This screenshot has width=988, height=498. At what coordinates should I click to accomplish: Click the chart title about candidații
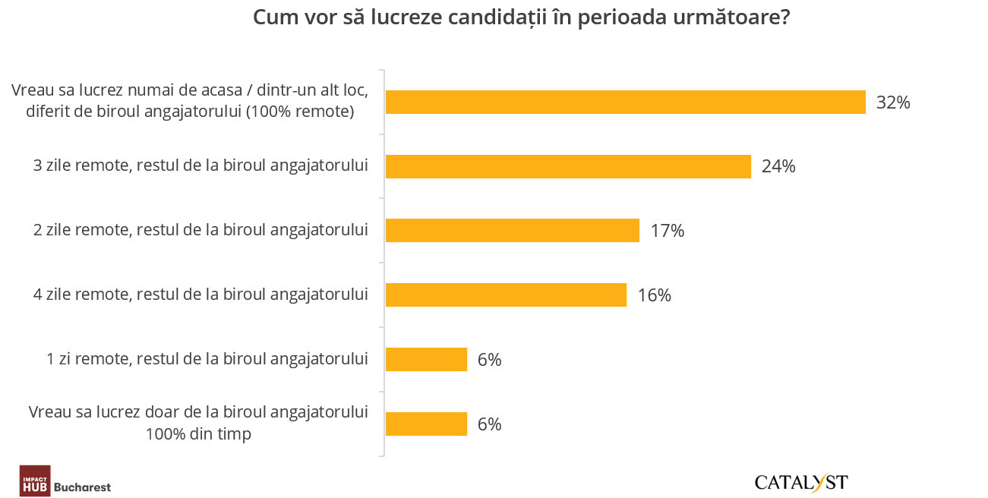click(x=520, y=18)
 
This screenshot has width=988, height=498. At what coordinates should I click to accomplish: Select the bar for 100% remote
click(x=625, y=102)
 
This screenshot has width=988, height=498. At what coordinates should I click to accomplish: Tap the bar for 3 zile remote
click(x=568, y=166)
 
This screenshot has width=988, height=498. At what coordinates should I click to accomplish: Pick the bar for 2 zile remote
click(x=513, y=230)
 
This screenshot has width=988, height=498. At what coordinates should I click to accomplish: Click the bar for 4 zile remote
click(x=506, y=295)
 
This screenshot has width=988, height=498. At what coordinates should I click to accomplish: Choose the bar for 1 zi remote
click(x=426, y=359)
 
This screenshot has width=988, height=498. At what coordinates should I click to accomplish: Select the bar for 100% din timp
click(x=426, y=424)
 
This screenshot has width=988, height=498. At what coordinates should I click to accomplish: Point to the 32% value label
click(x=893, y=102)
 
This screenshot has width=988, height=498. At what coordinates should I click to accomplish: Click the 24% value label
click(x=778, y=166)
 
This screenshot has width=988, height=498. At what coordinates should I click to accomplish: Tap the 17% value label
click(x=668, y=231)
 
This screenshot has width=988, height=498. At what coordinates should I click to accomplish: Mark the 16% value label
click(x=655, y=295)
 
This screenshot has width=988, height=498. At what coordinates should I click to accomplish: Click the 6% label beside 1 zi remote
click(x=490, y=360)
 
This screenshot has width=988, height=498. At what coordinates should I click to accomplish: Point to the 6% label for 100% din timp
click(x=490, y=424)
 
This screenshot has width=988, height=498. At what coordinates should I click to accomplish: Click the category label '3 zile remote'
click(x=201, y=165)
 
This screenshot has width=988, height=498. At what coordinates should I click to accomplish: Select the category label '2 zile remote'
click(x=201, y=229)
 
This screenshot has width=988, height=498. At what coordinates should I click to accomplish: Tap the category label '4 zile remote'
click(x=201, y=294)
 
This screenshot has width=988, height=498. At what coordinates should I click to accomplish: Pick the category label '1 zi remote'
click(x=207, y=358)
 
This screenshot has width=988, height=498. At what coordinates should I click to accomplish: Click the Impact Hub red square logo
click(x=35, y=481)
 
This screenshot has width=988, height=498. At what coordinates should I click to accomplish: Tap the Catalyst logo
click(x=801, y=482)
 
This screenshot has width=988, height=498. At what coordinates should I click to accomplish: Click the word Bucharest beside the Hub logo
click(x=84, y=487)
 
